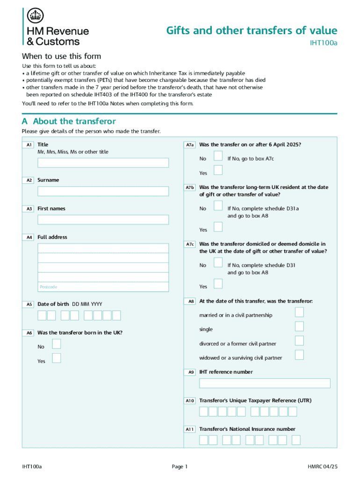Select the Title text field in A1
103,163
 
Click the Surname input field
103,191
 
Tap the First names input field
103,220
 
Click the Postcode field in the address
103,287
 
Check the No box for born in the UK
56,344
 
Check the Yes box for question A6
56,359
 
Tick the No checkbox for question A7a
218,156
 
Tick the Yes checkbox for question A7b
218,227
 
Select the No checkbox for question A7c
218,262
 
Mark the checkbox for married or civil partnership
299,312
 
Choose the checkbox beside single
299,327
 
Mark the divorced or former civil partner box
299,341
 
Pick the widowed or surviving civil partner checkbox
299,355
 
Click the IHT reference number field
265,384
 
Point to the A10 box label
190,401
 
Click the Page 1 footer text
180,466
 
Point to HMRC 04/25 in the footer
322,466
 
